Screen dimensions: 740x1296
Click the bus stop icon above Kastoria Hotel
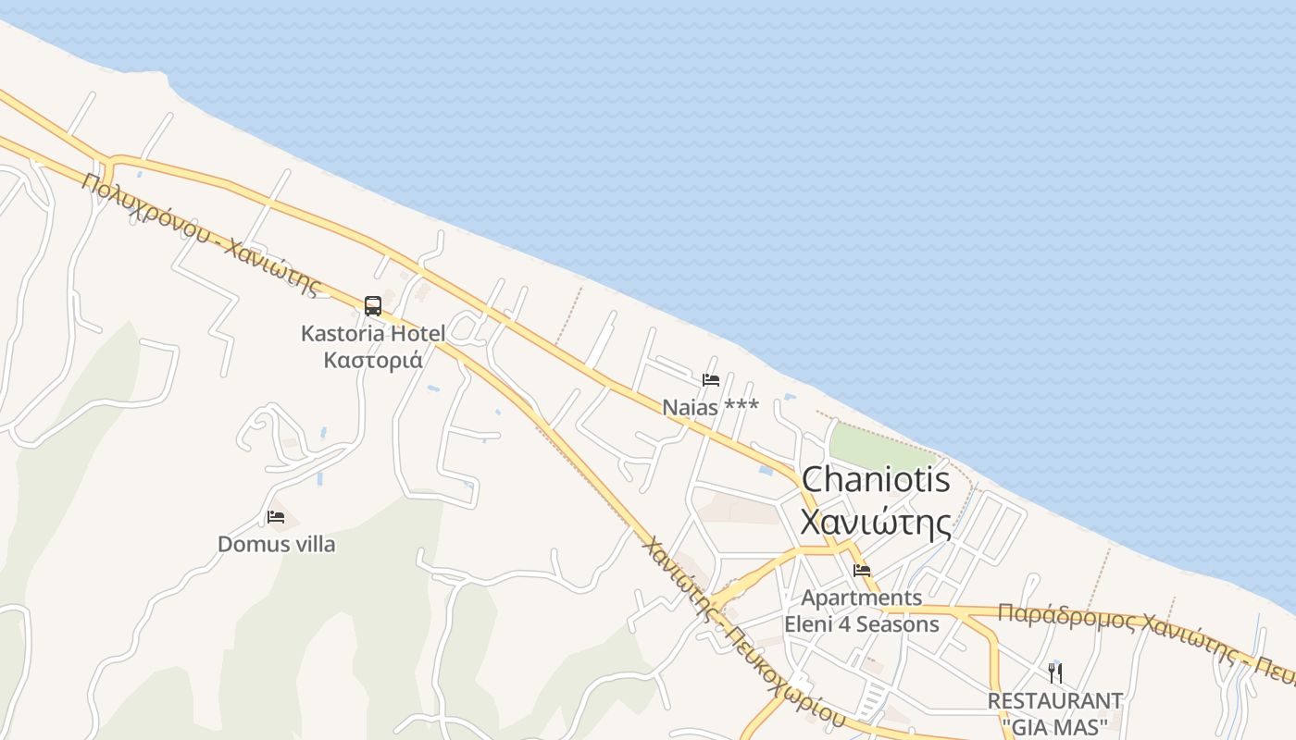[373, 305]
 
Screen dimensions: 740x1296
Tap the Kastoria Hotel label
[372, 333]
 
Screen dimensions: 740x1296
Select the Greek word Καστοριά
[373, 360]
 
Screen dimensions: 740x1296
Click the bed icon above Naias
[711, 380]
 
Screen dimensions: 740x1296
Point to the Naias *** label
[710, 407]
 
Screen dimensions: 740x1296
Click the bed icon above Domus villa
[276, 517]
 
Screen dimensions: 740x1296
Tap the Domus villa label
[276, 544]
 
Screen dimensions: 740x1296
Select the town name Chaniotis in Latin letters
[875, 479]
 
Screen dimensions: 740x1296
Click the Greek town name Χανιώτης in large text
[875, 523]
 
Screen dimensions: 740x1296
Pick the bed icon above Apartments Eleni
[862, 571]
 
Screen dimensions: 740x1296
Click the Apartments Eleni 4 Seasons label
[862, 610]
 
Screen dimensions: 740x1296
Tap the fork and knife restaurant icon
[1054, 672]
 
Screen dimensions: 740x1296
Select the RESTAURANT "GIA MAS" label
[1054, 712]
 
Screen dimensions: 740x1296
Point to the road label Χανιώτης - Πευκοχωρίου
[741, 633]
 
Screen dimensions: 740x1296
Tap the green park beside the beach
[879, 447]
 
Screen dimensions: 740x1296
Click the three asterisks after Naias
[741, 407]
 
